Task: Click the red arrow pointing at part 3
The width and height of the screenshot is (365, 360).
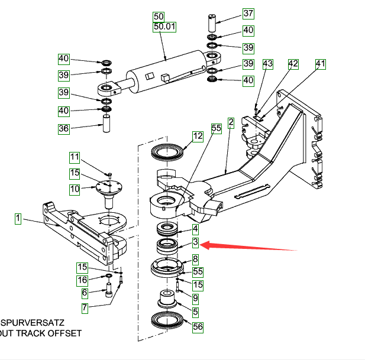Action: click(x=248, y=246)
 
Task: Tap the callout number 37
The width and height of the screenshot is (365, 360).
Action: click(x=248, y=14)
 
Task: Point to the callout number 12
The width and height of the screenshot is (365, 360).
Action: click(x=198, y=136)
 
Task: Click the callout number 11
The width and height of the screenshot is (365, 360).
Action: click(x=74, y=157)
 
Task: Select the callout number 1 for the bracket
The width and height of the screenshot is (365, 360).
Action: click(x=18, y=219)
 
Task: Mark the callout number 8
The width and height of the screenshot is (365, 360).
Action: click(x=195, y=258)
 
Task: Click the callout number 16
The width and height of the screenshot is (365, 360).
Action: click(x=84, y=280)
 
